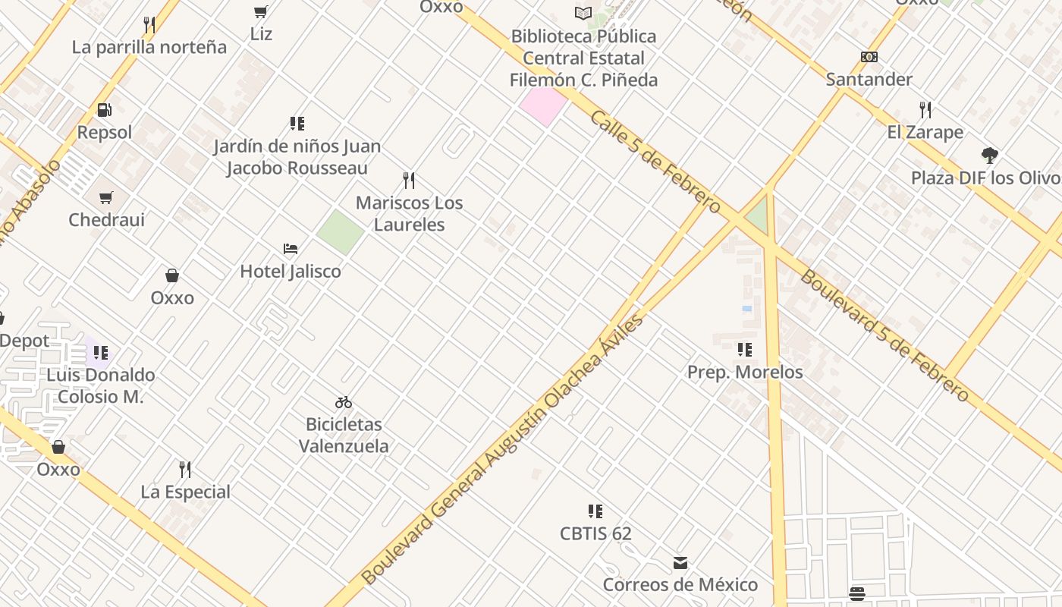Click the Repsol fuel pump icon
click(x=105, y=110)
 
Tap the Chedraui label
click(x=106, y=220)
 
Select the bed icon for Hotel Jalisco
click(x=291, y=248)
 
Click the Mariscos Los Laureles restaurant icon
click(x=409, y=181)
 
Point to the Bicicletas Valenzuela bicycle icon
click(x=344, y=402)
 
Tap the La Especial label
click(x=185, y=492)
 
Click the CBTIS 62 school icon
click(x=595, y=511)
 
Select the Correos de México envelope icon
click(x=680, y=563)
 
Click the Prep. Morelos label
click(x=745, y=372)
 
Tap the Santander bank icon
click(x=869, y=57)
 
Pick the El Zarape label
click(x=925, y=132)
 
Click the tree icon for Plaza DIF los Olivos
click(x=989, y=156)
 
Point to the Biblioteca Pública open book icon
click(x=583, y=13)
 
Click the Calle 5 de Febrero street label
click(x=655, y=162)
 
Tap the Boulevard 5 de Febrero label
click(x=884, y=335)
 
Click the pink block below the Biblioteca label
click(x=543, y=104)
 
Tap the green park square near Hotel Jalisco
click(x=341, y=232)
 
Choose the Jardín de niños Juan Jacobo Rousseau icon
click(x=297, y=123)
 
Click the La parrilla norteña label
click(x=149, y=47)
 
